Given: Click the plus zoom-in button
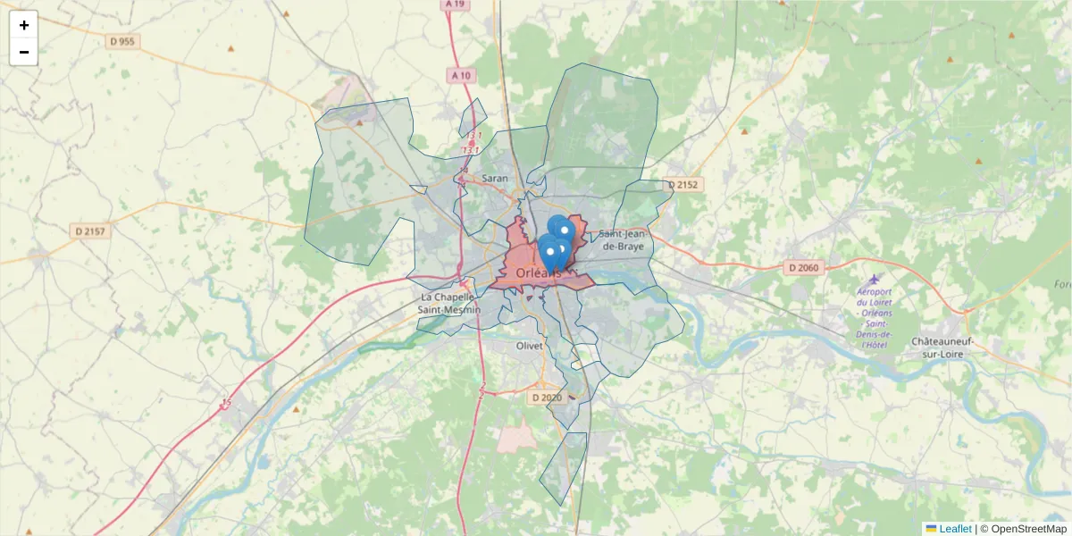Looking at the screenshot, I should tap(24, 25).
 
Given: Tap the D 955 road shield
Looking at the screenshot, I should tap(121, 41).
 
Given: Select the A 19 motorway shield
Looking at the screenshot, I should tap(456, 4).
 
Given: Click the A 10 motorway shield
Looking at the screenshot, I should tap(461, 76).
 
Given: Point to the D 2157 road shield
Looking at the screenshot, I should tap(90, 231).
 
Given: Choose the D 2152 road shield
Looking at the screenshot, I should tap(684, 185).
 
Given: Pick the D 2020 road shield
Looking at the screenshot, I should tap(548, 398).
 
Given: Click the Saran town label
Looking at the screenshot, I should tap(494, 179).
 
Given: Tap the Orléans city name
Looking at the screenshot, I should tap(540, 273).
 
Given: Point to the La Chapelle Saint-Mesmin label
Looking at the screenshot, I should tap(450, 303).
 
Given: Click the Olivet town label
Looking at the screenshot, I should tap(529, 346).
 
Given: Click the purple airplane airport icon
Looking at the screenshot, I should tap(874, 280).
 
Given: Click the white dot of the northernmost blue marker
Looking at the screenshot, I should tap(564, 230).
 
